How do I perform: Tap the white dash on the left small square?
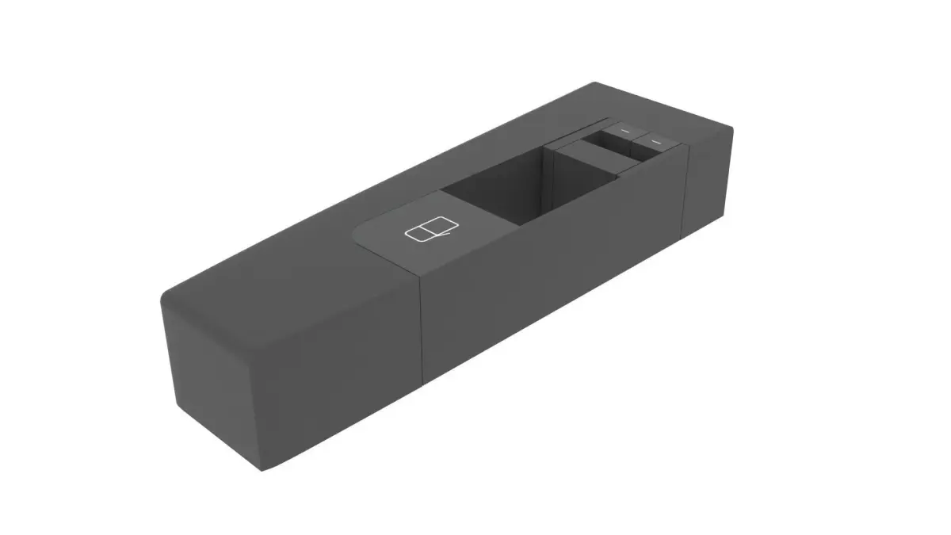(x=626, y=129)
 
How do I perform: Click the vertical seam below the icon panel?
(x=421, y=325)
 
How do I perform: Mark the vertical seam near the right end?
(x=686, y=190)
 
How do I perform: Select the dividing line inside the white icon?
(x=426, y=230)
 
